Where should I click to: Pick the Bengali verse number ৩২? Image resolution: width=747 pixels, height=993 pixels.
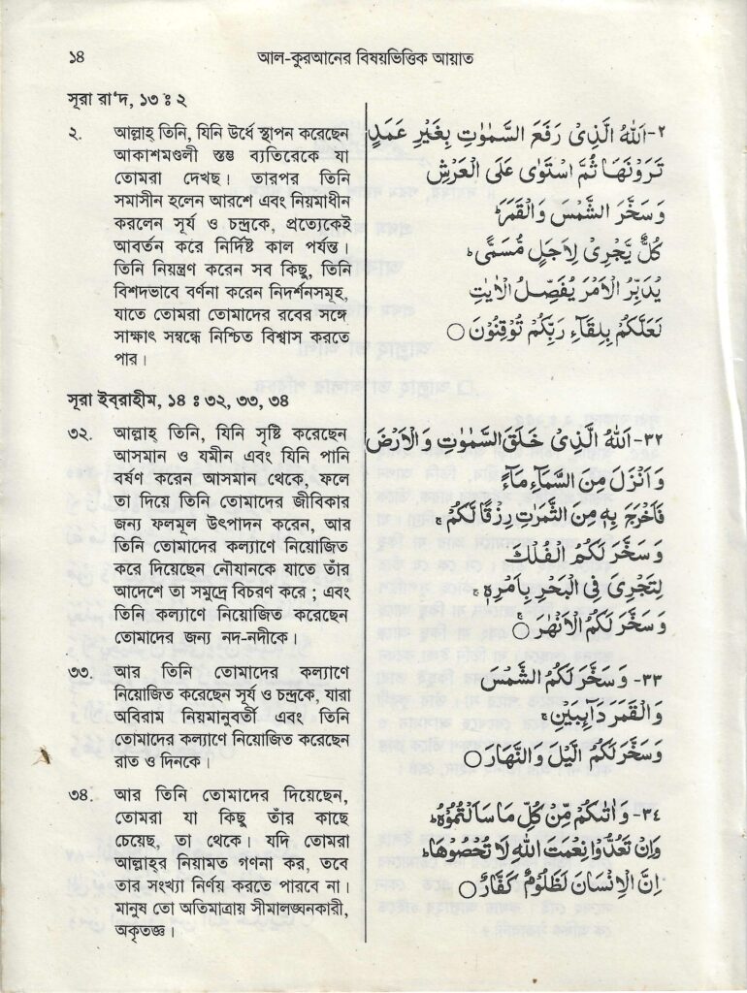pos(81,427)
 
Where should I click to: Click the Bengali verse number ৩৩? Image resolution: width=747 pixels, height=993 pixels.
pos(81,672)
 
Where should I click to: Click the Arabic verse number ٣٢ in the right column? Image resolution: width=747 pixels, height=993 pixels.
pos(384,441)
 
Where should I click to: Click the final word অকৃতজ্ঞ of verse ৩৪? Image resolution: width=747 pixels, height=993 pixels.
pos(143,933)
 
